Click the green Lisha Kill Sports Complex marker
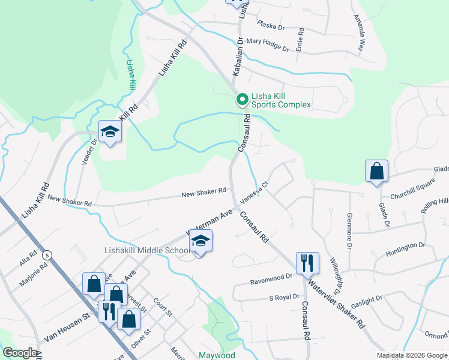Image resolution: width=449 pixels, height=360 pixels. click(x=242, y=100)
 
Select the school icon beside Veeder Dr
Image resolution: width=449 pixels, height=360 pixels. click(x=110, y=132)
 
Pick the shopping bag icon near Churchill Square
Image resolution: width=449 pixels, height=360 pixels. click(x=376, y=171)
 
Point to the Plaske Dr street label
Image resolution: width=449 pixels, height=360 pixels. click(x=270, y=26)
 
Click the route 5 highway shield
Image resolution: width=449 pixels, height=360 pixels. click(x=47, y=255)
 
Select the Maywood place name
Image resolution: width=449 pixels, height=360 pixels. click(x=217, y=355)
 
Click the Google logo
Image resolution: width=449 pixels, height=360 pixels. click(x=20, y=353)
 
